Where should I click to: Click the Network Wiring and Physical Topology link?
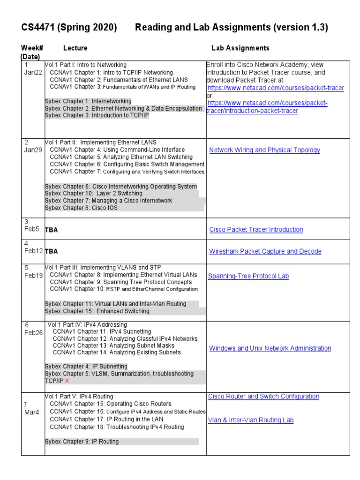tap(264, 150)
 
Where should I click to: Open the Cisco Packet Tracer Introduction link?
tap(256, 230)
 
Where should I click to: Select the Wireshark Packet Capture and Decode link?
tap(265, 252)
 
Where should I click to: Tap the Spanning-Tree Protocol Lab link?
tap(248, 276)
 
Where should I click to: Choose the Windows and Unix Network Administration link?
tap(270, 348)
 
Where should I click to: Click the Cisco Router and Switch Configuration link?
tap(263, 397)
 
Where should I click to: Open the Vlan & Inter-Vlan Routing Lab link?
tap(251, 420)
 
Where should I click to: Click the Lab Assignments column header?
tap(240, 48)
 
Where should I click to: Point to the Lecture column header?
tap(75, 48)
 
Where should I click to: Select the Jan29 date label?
tap(33, 150)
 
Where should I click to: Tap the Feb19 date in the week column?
tap(33, 276)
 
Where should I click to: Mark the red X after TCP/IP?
tap(67, 381)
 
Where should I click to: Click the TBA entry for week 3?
tap(51, 230)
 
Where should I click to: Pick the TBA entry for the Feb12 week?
tap(51, 252)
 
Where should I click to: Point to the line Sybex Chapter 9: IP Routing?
tap(82, 442)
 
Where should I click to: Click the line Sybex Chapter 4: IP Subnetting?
tap(86, 366)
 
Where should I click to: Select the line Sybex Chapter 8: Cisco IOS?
tap(81, 208)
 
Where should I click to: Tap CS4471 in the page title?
tap(39, 28)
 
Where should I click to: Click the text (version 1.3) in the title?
tap(301, 28)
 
